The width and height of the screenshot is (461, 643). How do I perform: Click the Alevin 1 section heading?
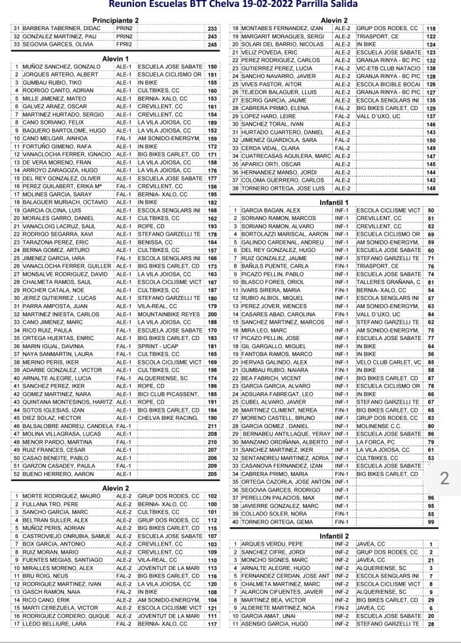tap(118, 58)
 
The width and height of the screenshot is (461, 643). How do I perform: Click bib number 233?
tap(212, 29)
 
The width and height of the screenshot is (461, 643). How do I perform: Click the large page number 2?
tap(445, 479)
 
